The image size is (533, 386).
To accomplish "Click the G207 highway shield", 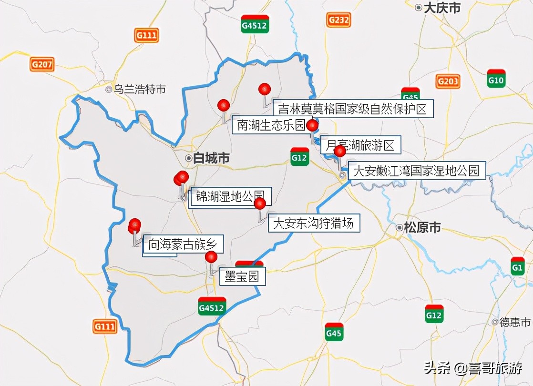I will coord(42,64).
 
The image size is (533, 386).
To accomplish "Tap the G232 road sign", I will coord(338,20).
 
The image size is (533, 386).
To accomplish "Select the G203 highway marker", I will coord(448,81).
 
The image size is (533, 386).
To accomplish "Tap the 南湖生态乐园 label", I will coord(271,125).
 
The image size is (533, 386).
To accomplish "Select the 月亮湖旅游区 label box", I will coord(360,145).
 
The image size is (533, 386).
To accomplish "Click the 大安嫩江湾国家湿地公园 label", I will coord(416,171).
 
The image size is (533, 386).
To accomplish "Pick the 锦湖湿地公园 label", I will coord(231,197).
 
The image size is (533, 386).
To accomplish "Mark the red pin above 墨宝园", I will coord(211,257).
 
